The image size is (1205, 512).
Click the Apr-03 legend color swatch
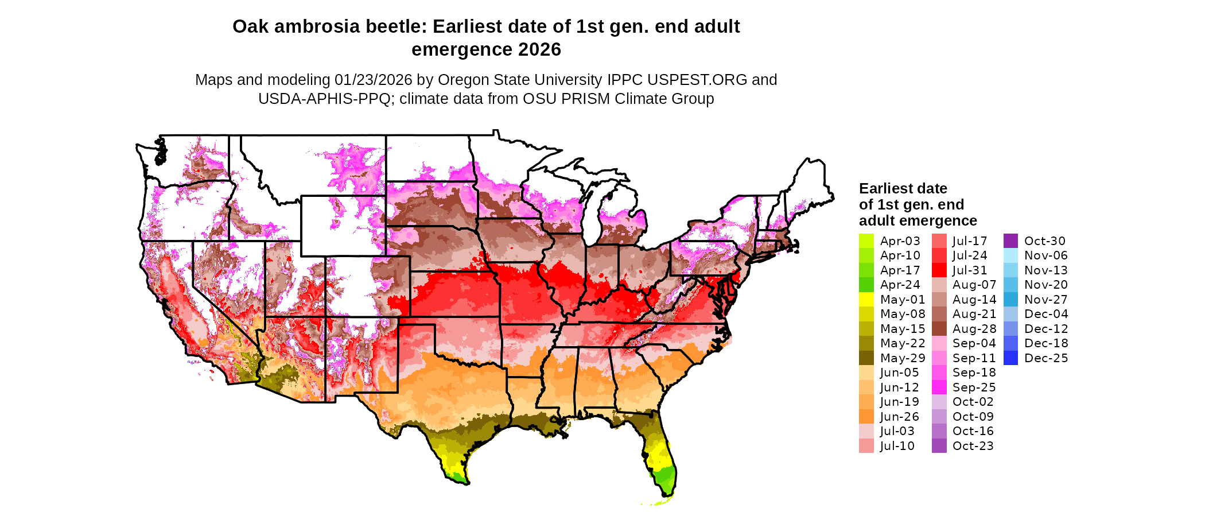point(866,241)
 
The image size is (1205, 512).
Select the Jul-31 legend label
point(970,270)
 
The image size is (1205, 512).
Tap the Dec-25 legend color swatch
point(1010,358)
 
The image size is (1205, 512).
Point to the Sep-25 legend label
point(974,387)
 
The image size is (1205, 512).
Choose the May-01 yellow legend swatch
point(866,300)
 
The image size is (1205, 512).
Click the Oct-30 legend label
point(1044,241)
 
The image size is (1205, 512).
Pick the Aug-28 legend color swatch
point(939,329)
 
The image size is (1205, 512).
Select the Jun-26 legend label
point(899,417)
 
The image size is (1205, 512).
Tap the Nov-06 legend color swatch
point(1010,255)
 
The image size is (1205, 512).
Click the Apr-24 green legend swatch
point(866,285)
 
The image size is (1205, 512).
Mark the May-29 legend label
point(903,358)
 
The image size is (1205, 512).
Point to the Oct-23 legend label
point(973,446)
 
